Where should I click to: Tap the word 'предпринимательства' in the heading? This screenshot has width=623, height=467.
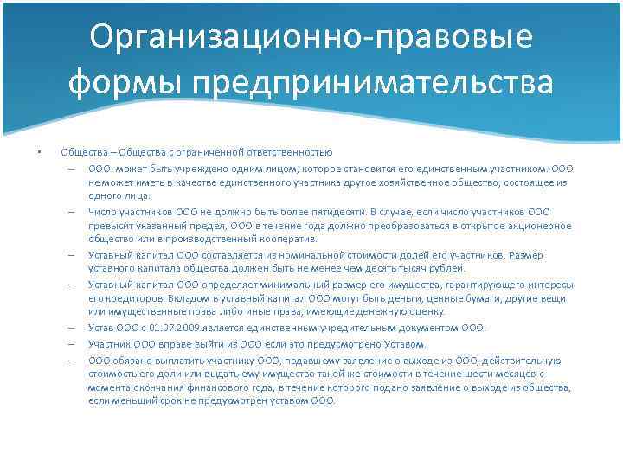click(374, 84)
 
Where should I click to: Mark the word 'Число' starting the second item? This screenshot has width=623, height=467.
click(102, 210)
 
